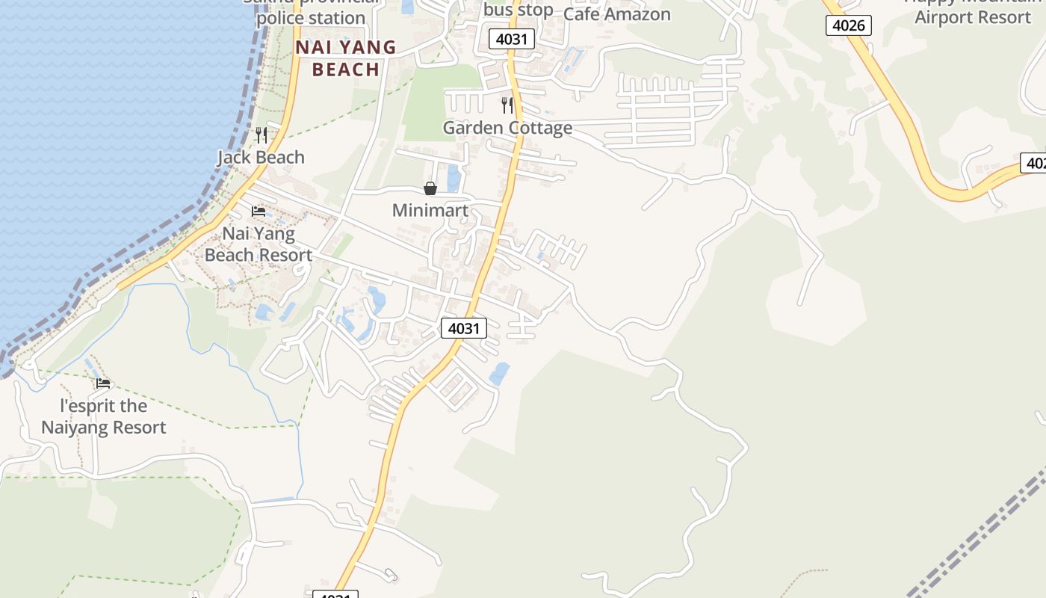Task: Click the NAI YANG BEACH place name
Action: (345, 58)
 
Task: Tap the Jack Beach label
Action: (261, 157)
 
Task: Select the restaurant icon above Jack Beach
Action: (261, 135)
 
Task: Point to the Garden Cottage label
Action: (507, 128)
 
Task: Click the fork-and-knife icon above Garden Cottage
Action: (507, 105)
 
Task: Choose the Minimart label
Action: (430, 210)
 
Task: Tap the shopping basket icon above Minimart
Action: (430, 188)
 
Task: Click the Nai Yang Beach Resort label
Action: (259, 244)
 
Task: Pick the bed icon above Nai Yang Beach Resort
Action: (259, 212)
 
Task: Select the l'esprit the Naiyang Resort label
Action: (103, 416)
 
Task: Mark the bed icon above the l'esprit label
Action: (103, 383)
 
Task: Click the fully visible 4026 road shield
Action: (849, 25)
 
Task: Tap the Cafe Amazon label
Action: (616, 13)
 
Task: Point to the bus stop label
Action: (518, 10)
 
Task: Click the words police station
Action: (311, 18)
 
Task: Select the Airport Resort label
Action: (972, 17)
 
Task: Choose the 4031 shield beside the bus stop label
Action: (512, 39)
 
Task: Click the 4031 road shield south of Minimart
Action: (464, 327)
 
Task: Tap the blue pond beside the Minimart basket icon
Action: (453, 178)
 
